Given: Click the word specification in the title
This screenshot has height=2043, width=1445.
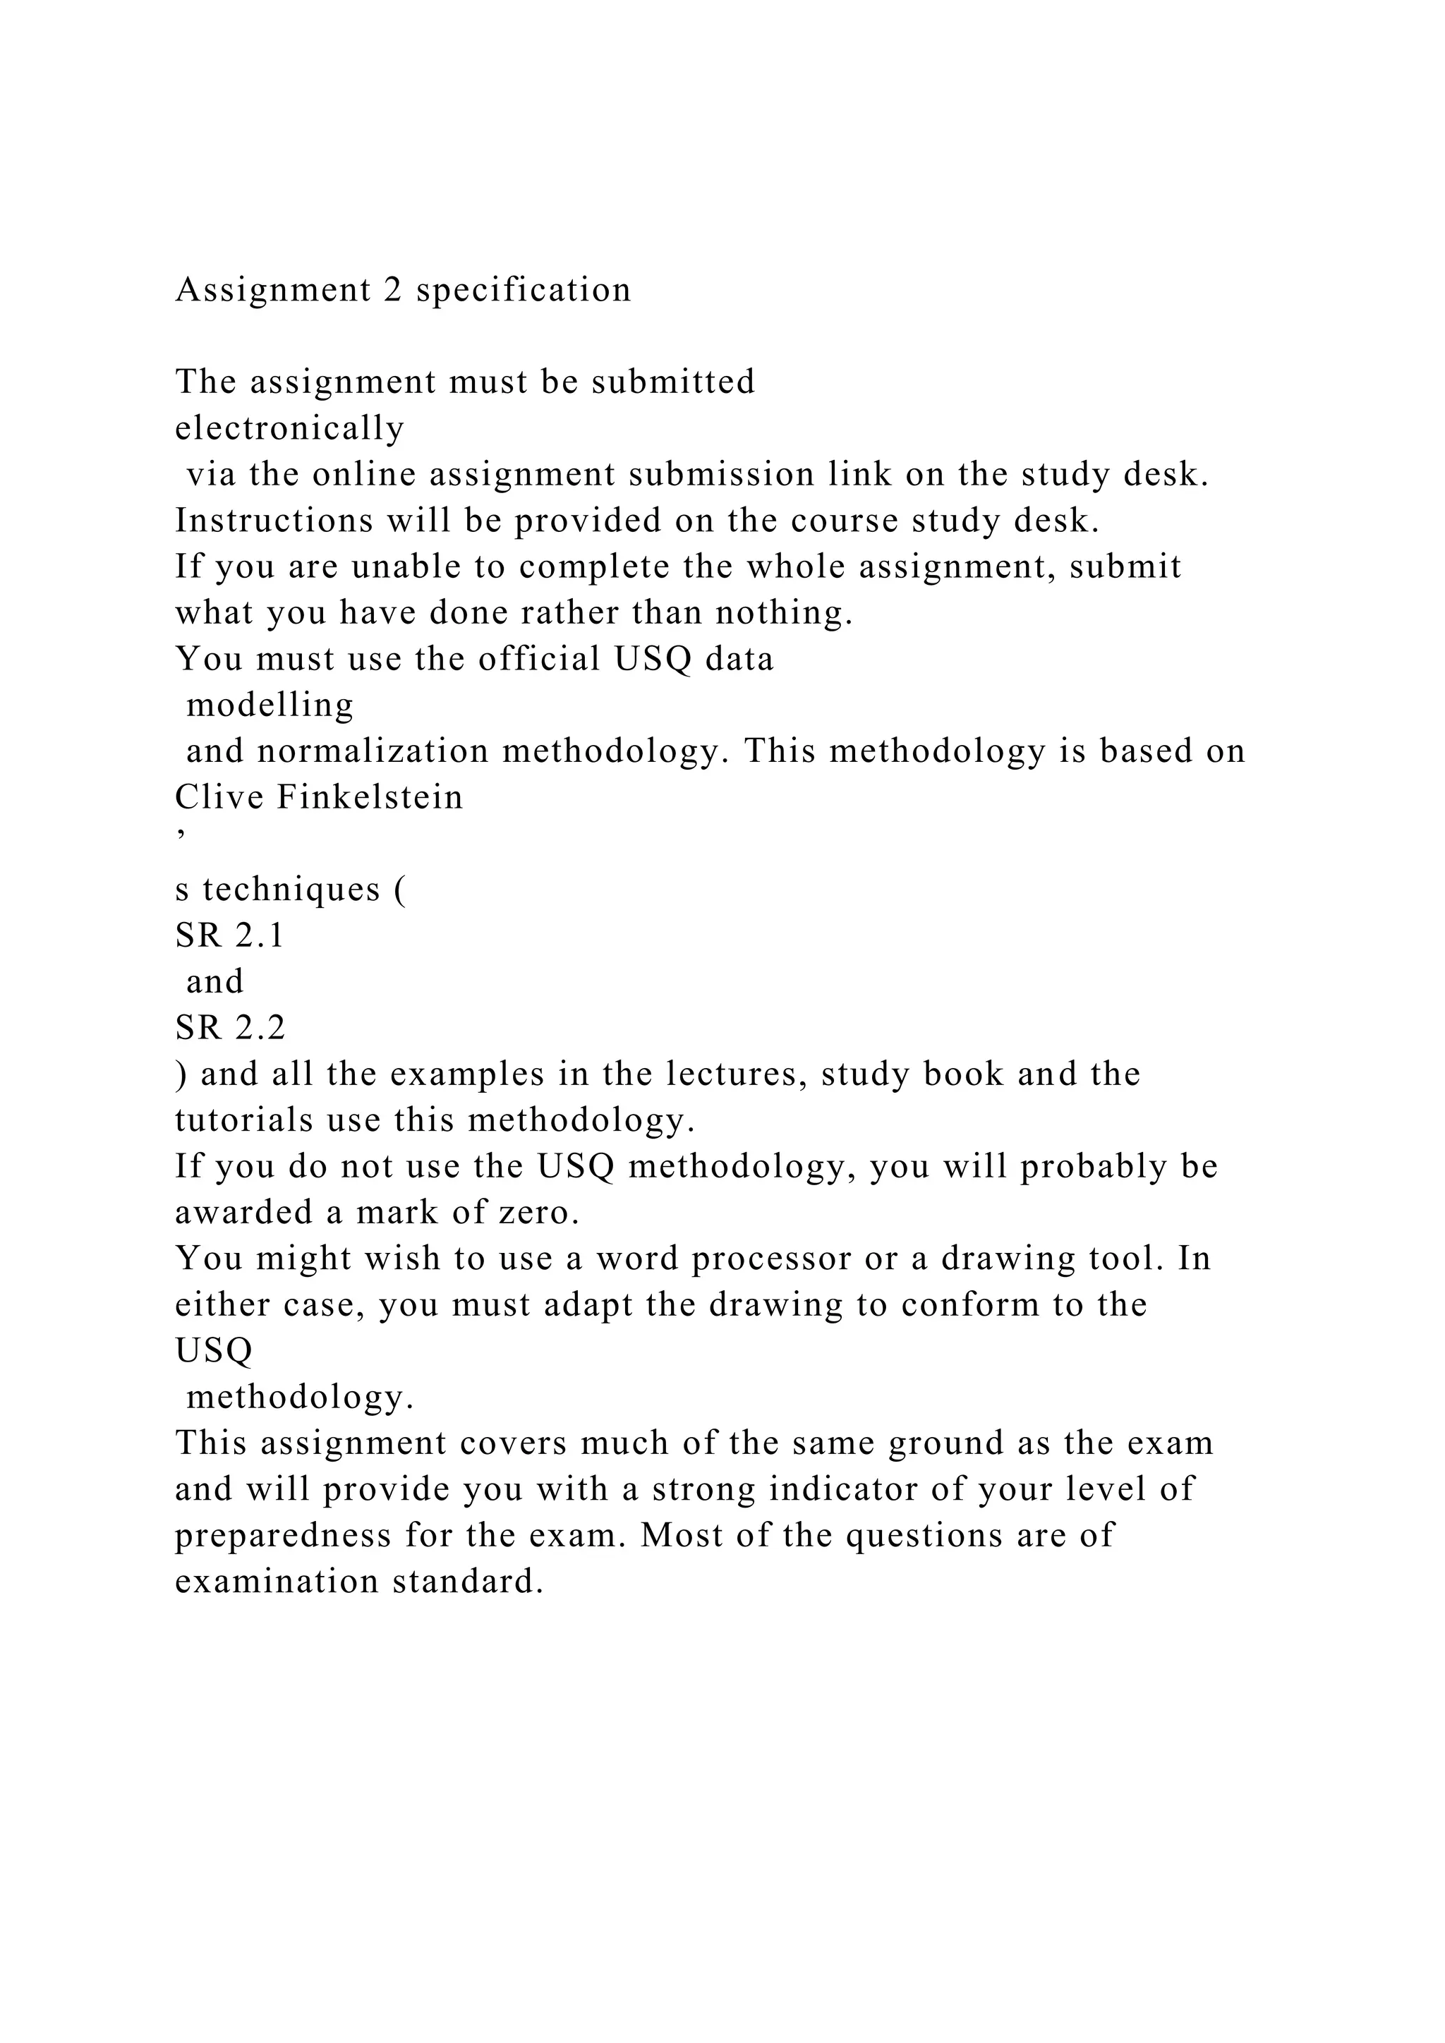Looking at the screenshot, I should [524, 290].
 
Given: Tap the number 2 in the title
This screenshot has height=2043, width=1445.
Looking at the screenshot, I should [392, 290].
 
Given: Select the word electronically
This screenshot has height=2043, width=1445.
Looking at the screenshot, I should [289, 428].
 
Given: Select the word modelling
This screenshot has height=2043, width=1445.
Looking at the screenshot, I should [270, 705].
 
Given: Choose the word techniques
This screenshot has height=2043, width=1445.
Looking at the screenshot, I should [291, 889].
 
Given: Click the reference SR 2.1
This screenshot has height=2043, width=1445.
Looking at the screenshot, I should [229, 935].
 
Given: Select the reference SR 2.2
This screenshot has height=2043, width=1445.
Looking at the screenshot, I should [229, 1028].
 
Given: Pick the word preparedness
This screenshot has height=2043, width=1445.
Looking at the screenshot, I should [283, 1536].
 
